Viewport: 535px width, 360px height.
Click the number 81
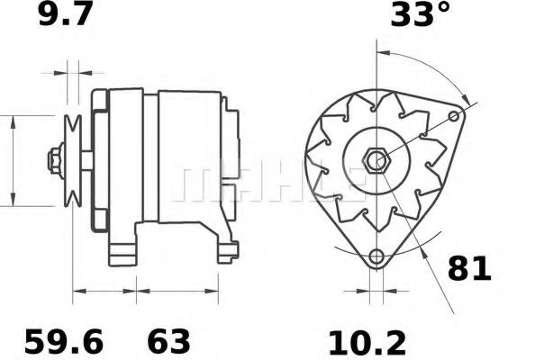pyautogui.click(x=469, y=267)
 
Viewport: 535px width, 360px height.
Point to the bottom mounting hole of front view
pyautogui.click(x=376, y=256)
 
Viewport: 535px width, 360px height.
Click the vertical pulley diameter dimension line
pyautogui.click(x=13, y=161)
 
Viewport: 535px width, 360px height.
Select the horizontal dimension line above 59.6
pyautogui.click(x=104, y=292)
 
